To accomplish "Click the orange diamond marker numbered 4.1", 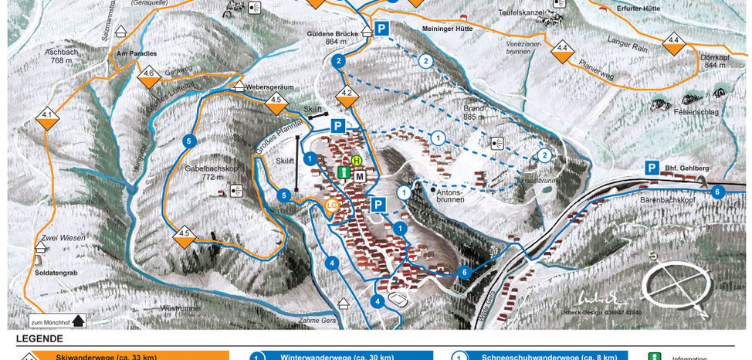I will tap(48, 117).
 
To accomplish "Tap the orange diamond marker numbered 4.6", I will tap(148, 76).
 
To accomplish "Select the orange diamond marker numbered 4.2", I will tap(347, 96).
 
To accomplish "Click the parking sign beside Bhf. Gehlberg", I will tap(652, 168).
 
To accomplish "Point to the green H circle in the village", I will tap(357, 161).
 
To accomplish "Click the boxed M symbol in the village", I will tap(360, 176).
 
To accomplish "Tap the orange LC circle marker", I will tap(331, 205).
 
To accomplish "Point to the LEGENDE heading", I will tap(40, 338).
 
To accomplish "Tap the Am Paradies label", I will tap(136, 53).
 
